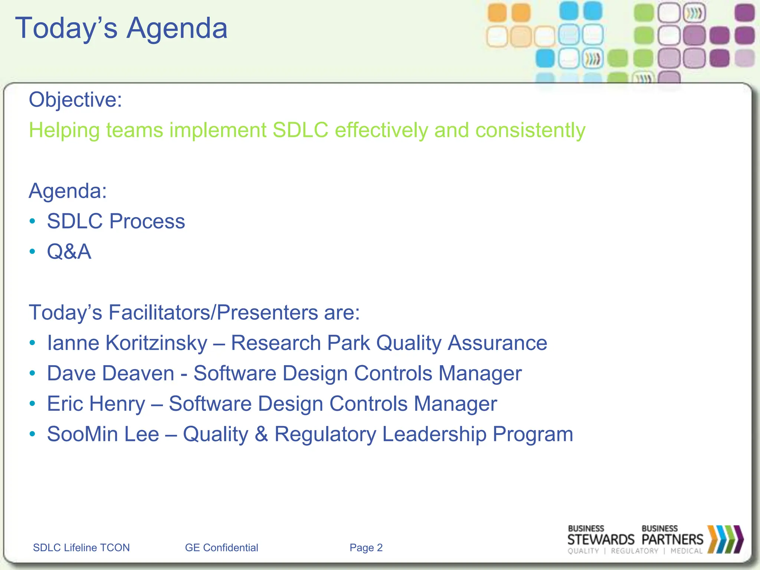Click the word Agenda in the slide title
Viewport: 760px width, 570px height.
point(177,28)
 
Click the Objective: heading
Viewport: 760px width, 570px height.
point(75,100)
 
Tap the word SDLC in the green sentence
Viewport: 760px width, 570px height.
point(300,130)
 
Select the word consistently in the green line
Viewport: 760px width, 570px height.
point(530,130)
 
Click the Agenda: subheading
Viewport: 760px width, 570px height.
point(68,191)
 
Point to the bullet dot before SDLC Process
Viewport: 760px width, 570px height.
point(33,222)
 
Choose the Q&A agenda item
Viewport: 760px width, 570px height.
point(69,252)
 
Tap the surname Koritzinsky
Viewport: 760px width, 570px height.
point(156,343)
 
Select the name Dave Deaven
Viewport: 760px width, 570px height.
point(111,373)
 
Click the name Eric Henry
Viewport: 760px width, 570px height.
point(96,404)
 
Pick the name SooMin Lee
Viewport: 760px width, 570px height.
point(103,434)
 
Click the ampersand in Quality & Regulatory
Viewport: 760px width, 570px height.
point(261,434)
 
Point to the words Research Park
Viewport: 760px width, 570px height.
point(300,343)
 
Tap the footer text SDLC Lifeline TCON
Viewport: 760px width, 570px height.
point(81,548)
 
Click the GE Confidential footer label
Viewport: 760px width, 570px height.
point(222,548)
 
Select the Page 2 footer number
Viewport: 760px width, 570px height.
point(366,548)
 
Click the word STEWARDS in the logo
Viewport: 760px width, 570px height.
point(601,540)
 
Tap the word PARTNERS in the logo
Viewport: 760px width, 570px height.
point(672,540)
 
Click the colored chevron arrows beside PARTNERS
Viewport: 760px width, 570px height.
point(725,539)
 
